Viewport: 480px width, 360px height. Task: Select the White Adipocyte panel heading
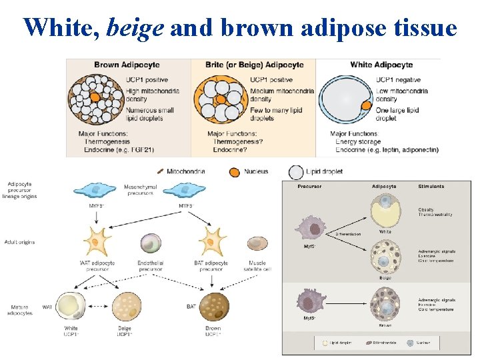[381, 65]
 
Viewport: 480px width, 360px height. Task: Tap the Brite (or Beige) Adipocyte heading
[256, 65]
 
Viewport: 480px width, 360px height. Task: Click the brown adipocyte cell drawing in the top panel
[97, 99]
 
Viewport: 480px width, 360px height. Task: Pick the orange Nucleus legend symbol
[234, 171]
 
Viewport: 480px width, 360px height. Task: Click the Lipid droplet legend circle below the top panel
[296, 172]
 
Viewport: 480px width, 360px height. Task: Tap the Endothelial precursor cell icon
[151, 244]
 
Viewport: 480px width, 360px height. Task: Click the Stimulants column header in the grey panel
[431, 187]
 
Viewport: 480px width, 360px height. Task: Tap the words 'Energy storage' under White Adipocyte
[357, 142]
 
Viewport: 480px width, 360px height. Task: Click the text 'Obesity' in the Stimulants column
[426, 209]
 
